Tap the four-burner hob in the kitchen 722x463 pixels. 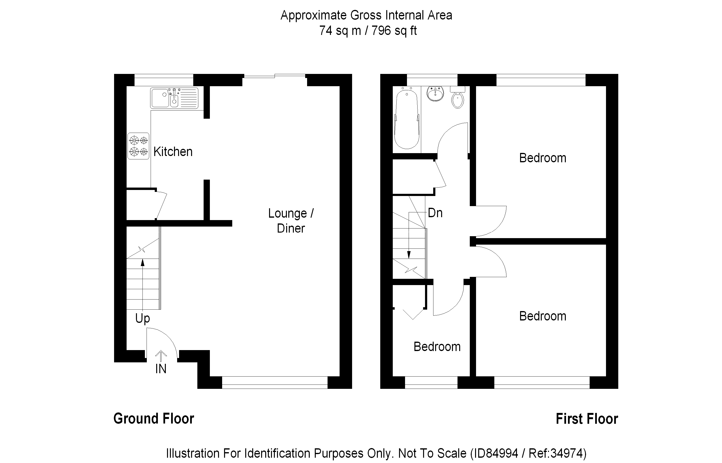point(138,146)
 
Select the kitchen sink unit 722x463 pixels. point(174,98)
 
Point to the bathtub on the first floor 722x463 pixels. point(406,119)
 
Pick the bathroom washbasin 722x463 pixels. point(435,94)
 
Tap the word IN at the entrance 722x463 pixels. point(161,369)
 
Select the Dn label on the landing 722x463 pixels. point(435,213)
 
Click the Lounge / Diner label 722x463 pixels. point(291,221)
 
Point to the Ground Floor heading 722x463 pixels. point(154,418)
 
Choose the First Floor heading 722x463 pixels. point(587,418)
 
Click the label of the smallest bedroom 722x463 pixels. point(437,347)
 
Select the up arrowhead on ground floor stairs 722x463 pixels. point(142,262)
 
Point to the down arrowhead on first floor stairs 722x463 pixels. point(409,255)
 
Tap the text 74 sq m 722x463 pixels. point(340,30)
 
